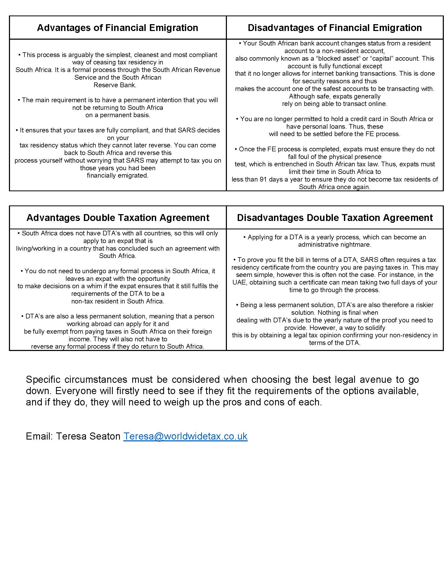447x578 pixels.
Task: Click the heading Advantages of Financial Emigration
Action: [x=117, y=28]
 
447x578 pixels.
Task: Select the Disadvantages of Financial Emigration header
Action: [x=334, y=28]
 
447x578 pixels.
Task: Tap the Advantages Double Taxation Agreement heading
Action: [x=118, y=218]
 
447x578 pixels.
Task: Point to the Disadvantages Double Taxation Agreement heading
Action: [x=334, y=218]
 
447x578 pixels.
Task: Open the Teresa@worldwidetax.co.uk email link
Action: [x=185, y=436]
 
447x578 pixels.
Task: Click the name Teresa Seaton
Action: [x=88, y=436]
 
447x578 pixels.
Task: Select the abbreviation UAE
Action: [x=239, y=282]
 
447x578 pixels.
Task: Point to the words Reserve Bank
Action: [x=115, y=85]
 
